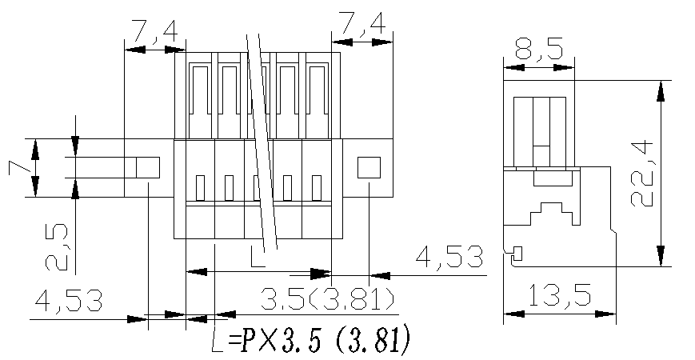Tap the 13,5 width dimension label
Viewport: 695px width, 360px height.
(559, 297)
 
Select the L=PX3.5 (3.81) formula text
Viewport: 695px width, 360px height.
(312, 340)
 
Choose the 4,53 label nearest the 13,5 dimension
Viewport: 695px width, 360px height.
(449, 258)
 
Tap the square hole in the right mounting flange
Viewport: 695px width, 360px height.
(368, 167)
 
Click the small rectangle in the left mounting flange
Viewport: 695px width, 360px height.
(148, 167)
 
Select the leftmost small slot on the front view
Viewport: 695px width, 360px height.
(200, 187)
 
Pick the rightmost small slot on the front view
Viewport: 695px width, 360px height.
(317, 187)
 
